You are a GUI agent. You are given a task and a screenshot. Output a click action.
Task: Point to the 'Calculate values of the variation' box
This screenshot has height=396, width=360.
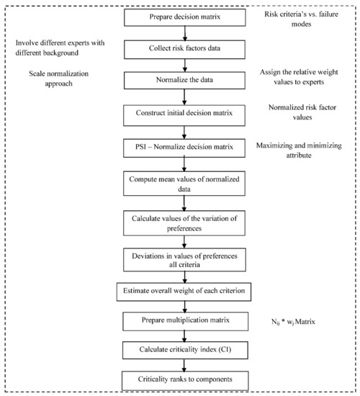[184, 221]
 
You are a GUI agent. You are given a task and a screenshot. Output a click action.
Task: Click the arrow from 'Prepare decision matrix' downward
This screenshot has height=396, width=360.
[184, 32]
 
